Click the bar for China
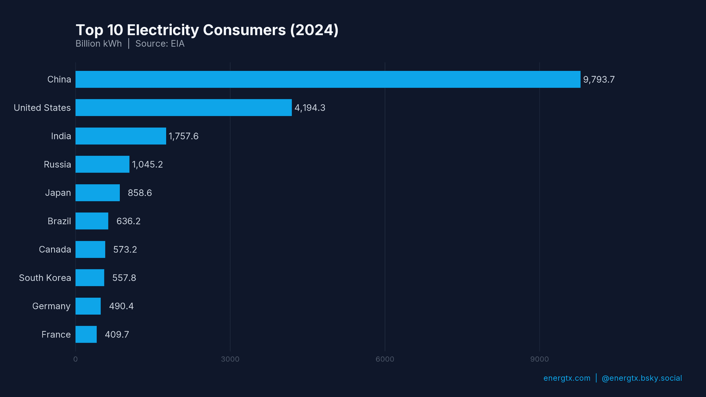coord(328,79)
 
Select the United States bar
coord(183,108)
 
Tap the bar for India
coord(121,136)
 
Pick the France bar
coord(86,335)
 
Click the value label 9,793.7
coord(599,80)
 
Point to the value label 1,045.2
coord(147,164)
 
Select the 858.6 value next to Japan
coord(140,193)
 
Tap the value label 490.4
coord(121,306)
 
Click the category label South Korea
coord(45,278)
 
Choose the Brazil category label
coord(59,221)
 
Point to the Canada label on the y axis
coord(55,250)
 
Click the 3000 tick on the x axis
coord(230,359)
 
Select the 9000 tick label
coord(539,359)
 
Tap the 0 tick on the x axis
coord(75,359)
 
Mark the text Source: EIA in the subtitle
coord(160,44)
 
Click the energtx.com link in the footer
coord(567,378)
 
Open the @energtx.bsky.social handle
coord(642,378)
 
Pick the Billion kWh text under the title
coord(99,44)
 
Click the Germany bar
coord(88,306)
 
